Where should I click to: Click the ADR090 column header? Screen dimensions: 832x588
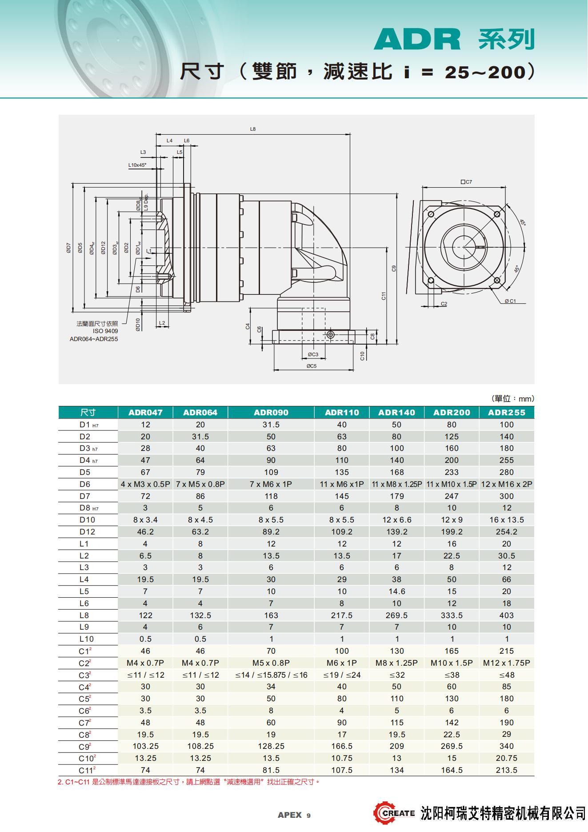[x=271, y=412]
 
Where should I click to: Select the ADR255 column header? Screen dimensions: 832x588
[x=506, y=412]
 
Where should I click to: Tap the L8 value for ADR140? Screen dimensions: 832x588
[x=396, y=615]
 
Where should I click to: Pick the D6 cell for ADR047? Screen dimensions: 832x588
[x=145, y=484]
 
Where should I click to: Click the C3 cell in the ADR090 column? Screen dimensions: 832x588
[x=271, y=675]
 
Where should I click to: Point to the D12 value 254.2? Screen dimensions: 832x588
[x=506, y=531]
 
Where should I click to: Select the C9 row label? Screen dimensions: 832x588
[x=84, y=747]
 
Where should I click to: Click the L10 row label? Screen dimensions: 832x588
[x=86, y=639]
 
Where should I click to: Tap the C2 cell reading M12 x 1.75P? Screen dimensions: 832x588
[x=506, y=663]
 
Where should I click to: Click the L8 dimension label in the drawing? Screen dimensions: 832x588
[x=253, y=129]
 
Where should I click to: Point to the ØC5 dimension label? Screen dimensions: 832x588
[x=311, y=366]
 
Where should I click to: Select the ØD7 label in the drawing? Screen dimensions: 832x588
[x=68, y=248]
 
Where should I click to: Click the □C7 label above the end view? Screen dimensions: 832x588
[x=466, y=182]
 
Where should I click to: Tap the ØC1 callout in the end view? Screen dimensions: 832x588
[x=510, y=301]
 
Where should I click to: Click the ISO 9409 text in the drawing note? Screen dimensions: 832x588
[x=105, y=331]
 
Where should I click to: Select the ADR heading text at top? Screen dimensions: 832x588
[x=417, y=40]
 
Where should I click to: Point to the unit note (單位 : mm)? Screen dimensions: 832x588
[x=512, y=398]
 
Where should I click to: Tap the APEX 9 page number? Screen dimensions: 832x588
[x=294, y=815]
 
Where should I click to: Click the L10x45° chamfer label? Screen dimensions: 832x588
[x=137, y=165]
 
